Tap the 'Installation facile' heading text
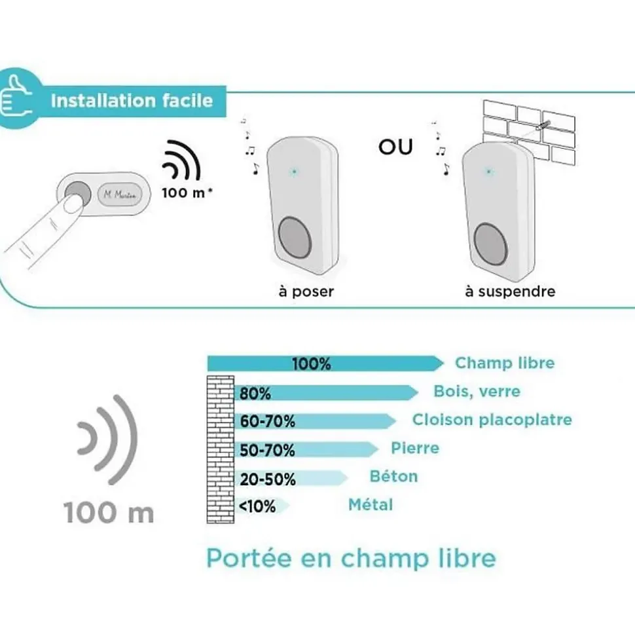tap(132, 101)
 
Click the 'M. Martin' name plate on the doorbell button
tap(120, 195)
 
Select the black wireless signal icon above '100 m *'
tap(181, 160)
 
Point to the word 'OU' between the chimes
tap(395, 147)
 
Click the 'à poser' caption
tap(306, 291)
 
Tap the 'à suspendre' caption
tap(510, 291)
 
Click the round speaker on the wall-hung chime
tap(490, 244)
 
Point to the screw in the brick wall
tap(543, 124)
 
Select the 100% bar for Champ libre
tap(325, 363)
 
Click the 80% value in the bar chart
tap(255, 394)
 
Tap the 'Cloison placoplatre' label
tap(492, 419)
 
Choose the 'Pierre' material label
tap(415, 448)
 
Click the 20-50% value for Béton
tap(268, 479)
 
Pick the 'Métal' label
tap(371, 505)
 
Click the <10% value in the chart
tap(257, 506)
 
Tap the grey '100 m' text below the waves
tap(109, 513)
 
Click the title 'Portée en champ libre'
tap(351, 559)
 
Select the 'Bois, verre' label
tap(477, 392)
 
